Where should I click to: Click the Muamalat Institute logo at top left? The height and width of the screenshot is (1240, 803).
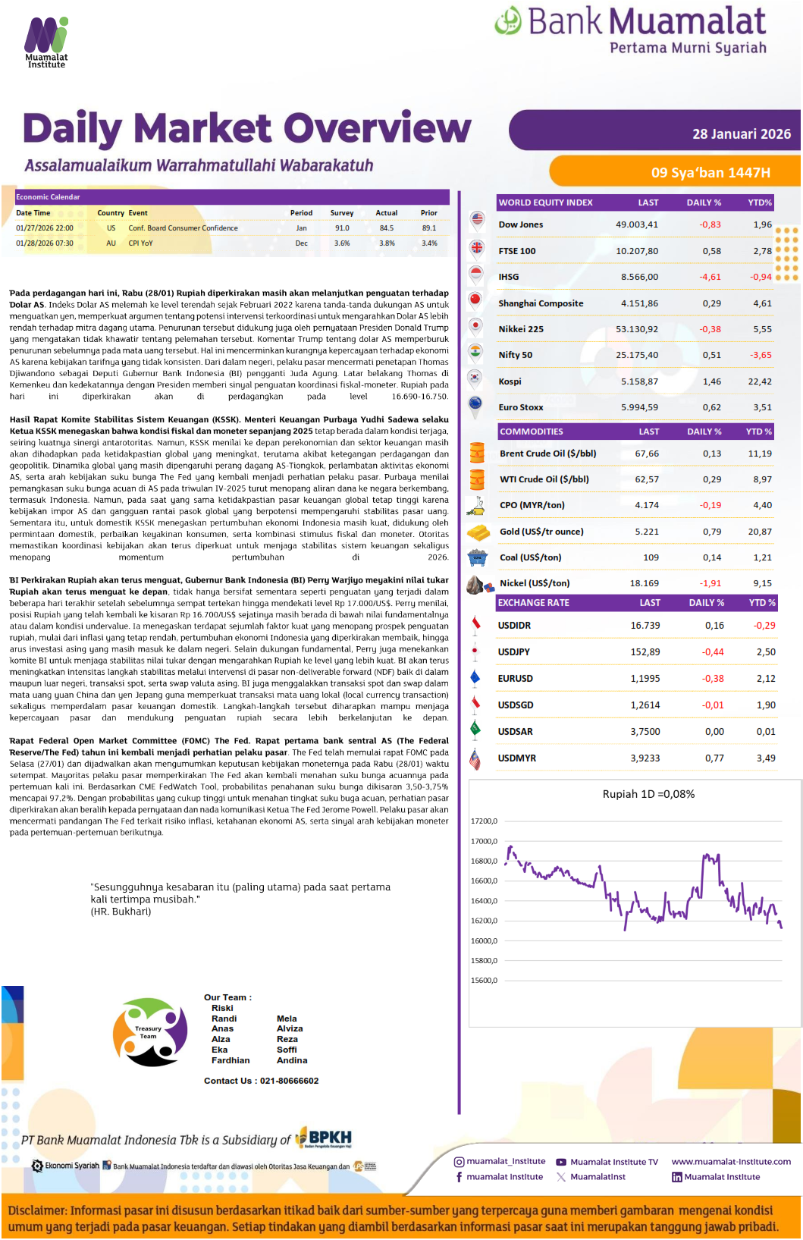46,42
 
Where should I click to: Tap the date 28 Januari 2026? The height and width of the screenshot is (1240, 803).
741,134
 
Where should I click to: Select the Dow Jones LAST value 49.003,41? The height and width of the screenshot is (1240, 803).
637,224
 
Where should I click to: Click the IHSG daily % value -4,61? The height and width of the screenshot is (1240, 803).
710,277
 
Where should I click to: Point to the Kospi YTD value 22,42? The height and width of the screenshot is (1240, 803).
760,381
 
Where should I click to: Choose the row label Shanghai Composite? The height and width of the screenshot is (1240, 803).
541,303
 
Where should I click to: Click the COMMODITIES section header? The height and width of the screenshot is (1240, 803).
532,432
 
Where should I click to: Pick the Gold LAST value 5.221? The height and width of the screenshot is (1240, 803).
647,532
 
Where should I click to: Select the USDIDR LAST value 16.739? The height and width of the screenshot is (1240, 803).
645,626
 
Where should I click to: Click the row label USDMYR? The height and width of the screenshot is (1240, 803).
516,758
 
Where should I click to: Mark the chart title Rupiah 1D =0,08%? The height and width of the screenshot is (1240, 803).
648,794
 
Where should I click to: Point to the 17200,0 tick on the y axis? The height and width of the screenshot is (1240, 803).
484,821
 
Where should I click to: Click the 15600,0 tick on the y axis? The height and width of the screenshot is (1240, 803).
484,981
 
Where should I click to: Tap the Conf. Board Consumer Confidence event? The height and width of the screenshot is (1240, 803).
183,228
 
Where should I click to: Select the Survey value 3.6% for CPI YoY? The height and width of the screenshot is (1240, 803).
342,243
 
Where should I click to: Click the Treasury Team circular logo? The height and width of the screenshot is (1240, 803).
149,1032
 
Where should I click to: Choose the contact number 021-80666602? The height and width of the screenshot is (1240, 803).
289,1081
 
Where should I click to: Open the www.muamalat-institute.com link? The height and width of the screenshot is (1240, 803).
731,1161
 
